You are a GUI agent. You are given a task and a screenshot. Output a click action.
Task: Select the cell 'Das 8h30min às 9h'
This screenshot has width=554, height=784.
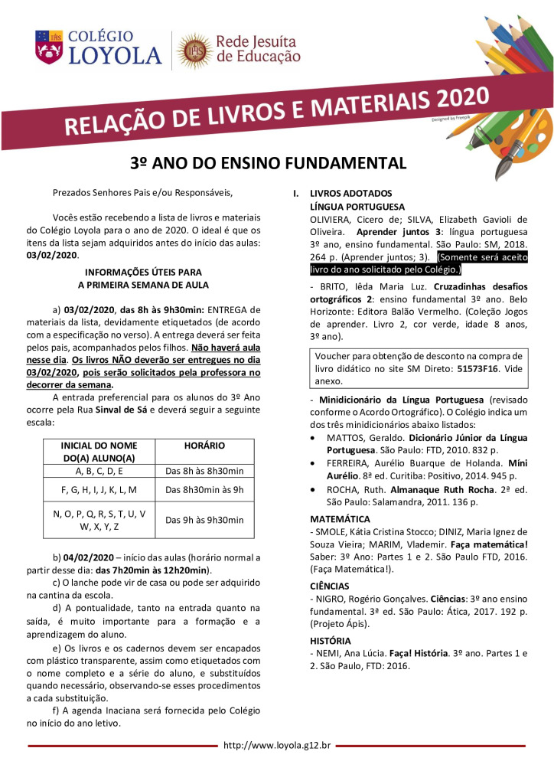click(205, 488)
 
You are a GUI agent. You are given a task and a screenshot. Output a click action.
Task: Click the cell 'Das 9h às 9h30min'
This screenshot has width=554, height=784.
click(205, 520)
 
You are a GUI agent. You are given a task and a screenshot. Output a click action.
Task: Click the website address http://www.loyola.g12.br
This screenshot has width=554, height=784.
click(277, 745)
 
